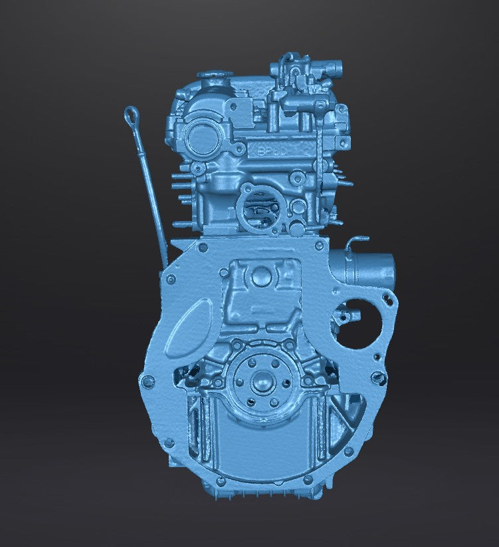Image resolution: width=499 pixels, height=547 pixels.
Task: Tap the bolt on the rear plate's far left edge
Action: [x=147, y=382]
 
